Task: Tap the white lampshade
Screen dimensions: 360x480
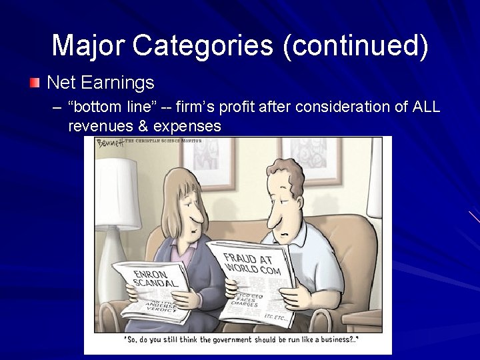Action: coord(117,193)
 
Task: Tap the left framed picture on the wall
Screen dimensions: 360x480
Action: coord(206,159)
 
